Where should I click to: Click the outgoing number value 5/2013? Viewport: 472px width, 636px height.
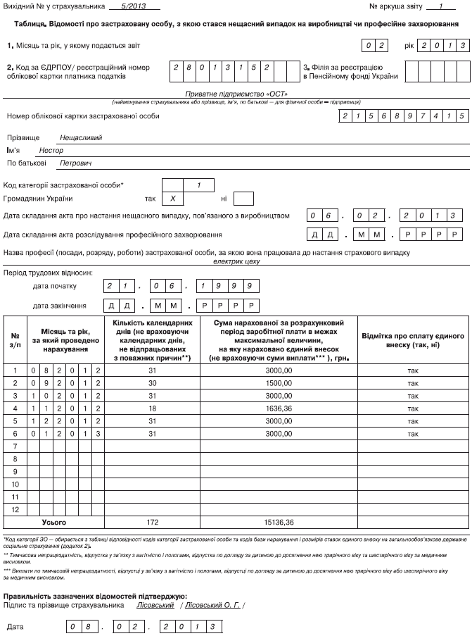(131, 7)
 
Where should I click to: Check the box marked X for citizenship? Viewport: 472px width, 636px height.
(172, 199)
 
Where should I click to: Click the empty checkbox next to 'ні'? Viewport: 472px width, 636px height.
(243, 199)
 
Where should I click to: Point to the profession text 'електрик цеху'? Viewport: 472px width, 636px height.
(236, 261)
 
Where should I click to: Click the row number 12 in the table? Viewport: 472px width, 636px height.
(15, 509)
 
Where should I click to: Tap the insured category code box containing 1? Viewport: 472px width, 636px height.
(200, 186)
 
